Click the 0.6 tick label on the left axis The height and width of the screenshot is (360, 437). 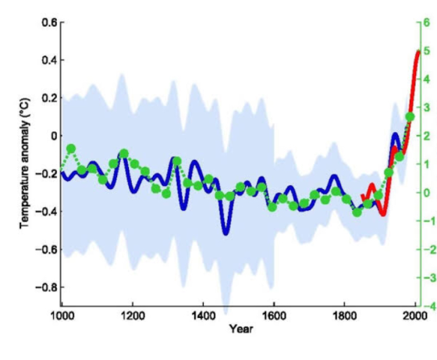[x=49, y=23]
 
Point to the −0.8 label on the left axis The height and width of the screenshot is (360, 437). [x=46, y=287]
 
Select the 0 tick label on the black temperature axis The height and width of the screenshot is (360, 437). [x=54, y=136]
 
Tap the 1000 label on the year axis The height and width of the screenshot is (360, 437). [x=62, y=316]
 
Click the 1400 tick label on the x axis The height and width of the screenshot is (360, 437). [x=204, y=316]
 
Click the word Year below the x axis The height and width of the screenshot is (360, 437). [x=241, y=329]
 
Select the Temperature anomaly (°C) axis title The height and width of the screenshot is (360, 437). [x=25, y=164]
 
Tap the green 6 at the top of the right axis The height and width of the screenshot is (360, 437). [x=427, y=23]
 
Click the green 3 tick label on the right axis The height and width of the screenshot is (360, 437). [x=427, y=108]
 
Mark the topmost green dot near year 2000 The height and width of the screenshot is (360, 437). [x=410, y=117]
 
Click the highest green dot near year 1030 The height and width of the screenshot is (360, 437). [x=71, y=148]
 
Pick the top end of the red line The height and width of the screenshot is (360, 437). [x=418, y=52]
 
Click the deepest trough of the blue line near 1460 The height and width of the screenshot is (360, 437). [x=226, y=233]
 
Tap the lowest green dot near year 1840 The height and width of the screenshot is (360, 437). [x=357, y=212]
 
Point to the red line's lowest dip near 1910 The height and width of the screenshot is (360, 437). [x=383, y=214]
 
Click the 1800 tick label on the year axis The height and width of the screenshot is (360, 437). [x=345, y=316]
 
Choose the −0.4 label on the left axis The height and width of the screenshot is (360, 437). [x=46, y=212]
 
